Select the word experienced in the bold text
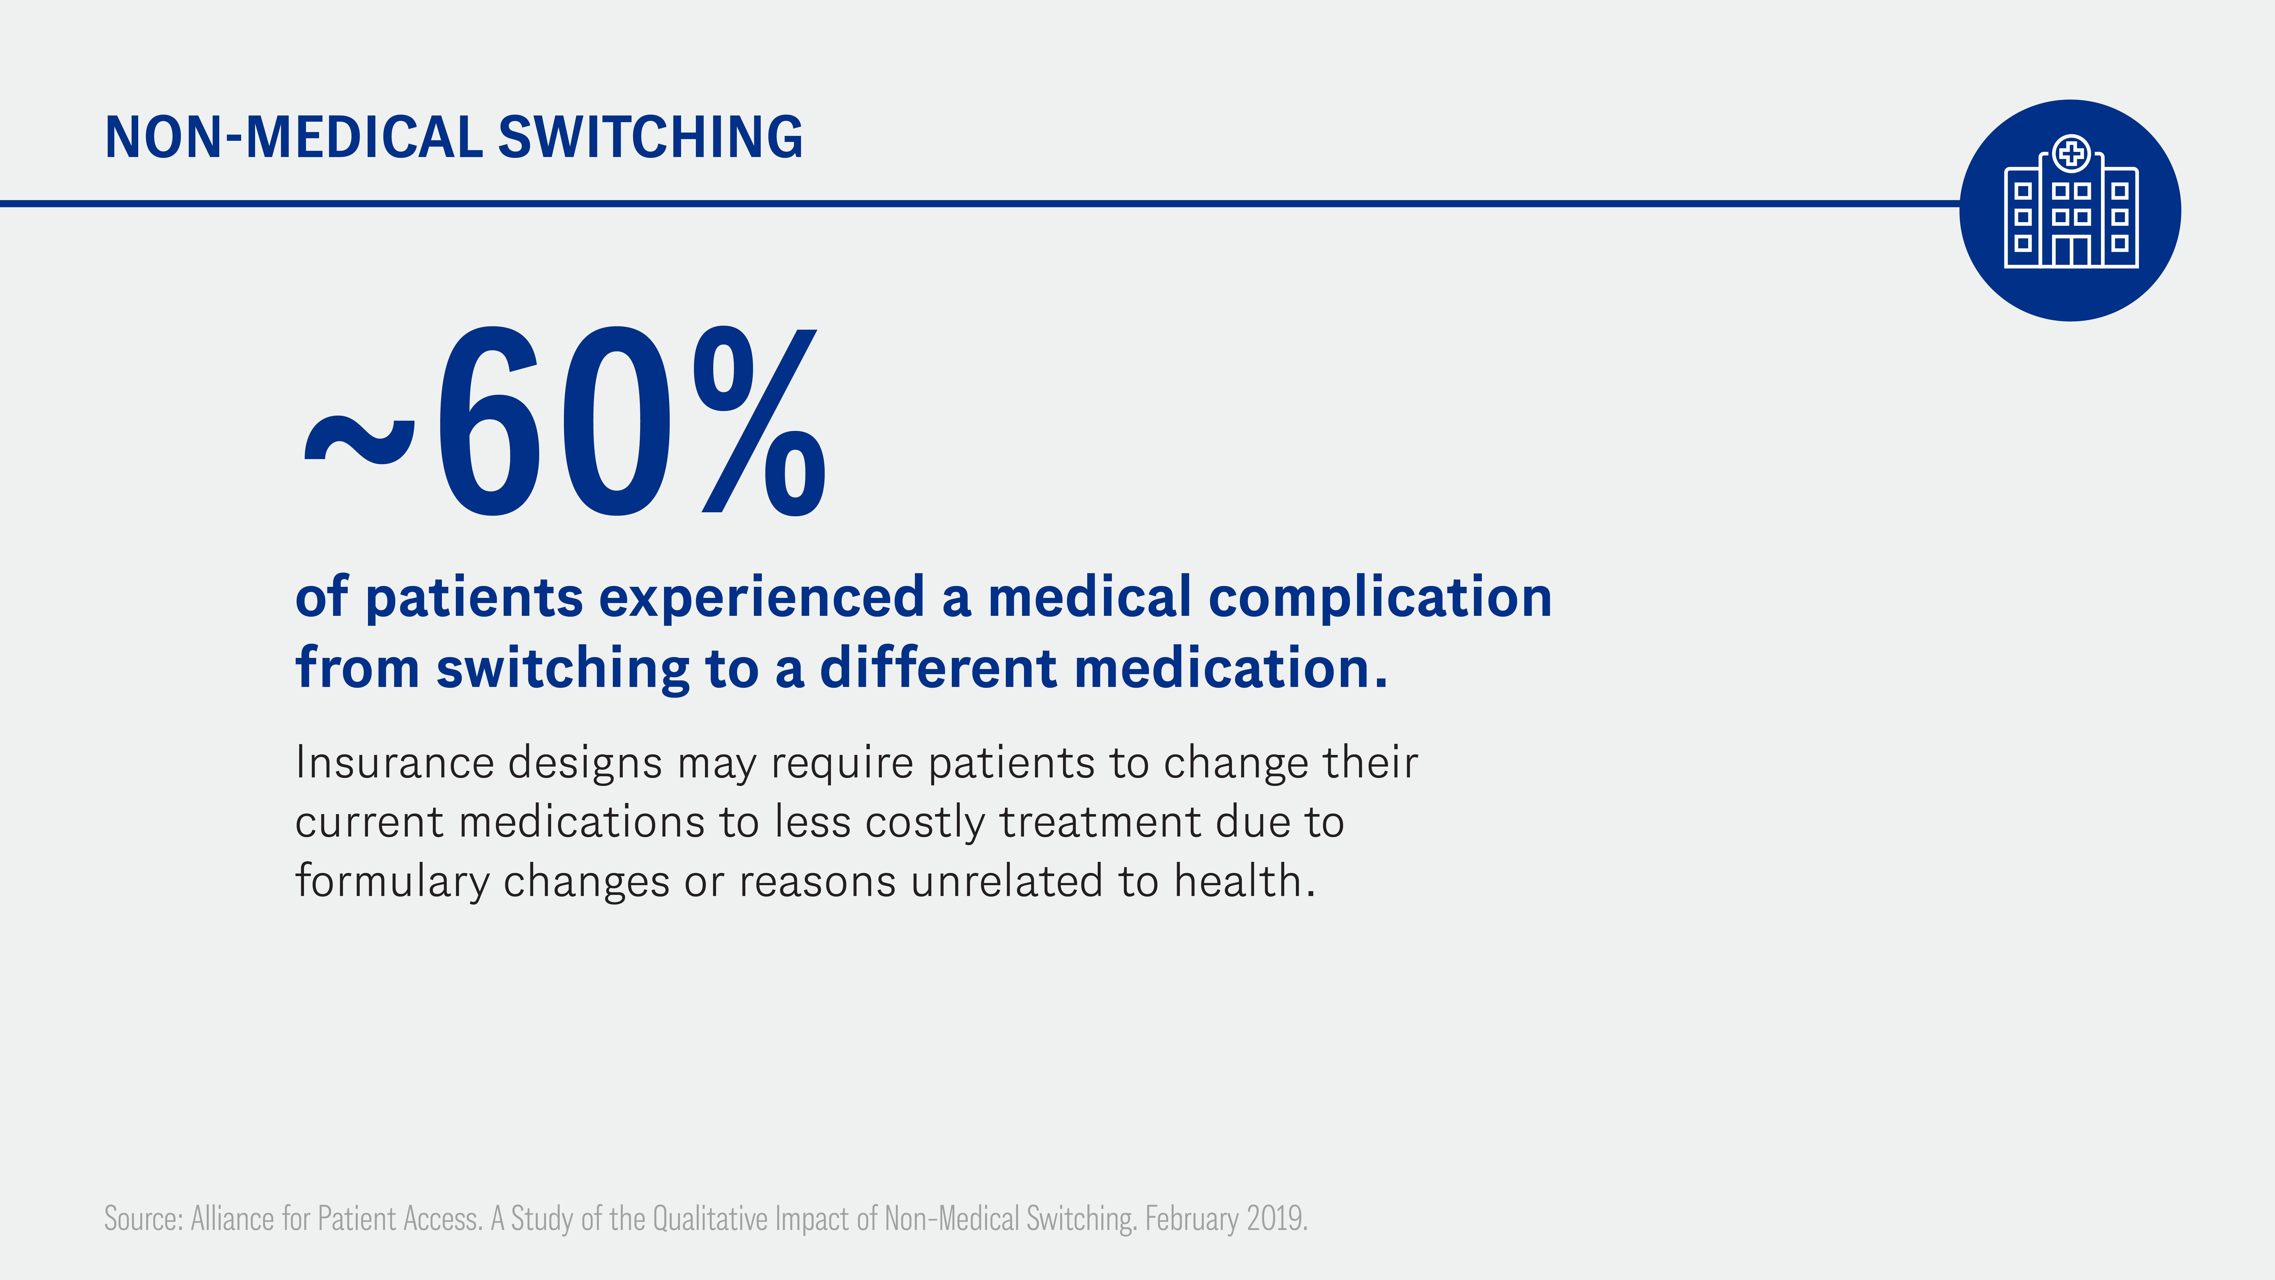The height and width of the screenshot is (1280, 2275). [761, 598]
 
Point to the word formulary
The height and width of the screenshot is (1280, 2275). [392, 881]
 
